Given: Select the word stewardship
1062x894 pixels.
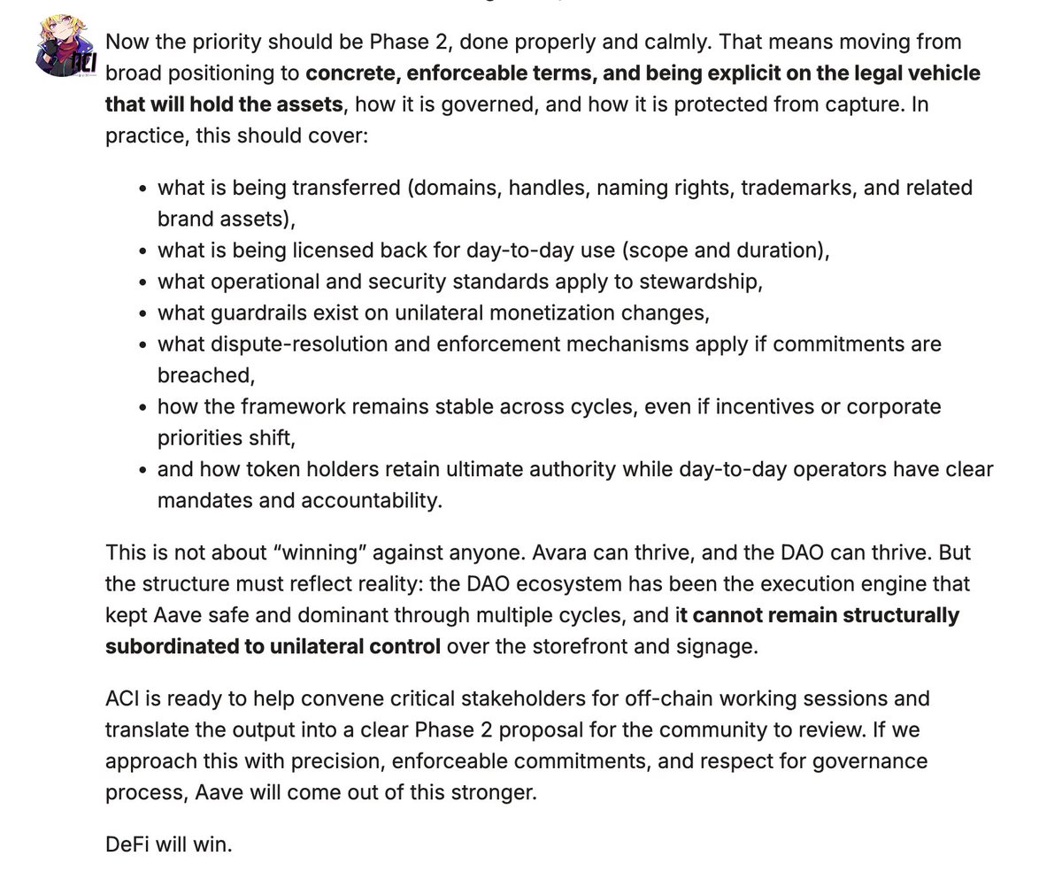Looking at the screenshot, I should (704, 281).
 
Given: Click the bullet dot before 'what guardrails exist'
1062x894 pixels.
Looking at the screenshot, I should (142, 313).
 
